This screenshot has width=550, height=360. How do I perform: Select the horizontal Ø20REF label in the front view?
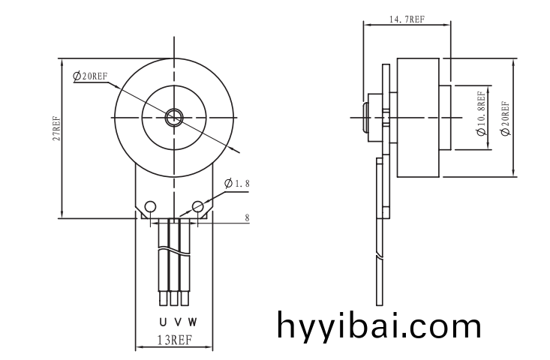pyautogui.click(x=90, y=76)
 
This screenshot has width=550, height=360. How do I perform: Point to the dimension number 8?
pyautogui.click(x=247, y=217)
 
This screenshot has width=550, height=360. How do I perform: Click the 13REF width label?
pyautogui.click(x=173, y=340)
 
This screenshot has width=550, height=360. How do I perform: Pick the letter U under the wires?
pyautogui.click(x=163, y=322)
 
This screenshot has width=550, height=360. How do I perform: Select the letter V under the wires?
pyautogui.click(x=177, y=322)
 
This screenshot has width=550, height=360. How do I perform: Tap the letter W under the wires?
pyautogui.click(x=192, y=322)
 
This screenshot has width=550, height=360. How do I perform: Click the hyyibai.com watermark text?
pyautogui.click(x=379, y=326)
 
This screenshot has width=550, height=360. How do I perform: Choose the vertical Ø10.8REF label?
pyautogui.click(x=480, y=114)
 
